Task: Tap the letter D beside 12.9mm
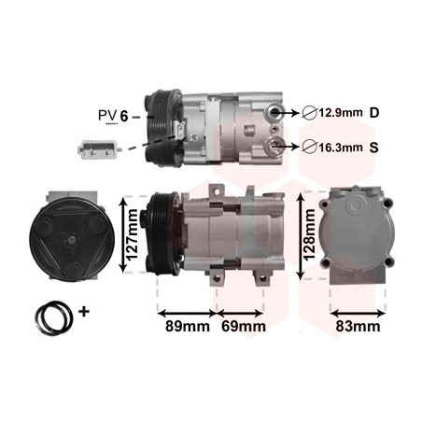click(x=374, y=114)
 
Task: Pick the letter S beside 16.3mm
click(x=374, y=146)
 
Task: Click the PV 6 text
click(x=115, y=116)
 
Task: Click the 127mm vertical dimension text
click(x=134, y=232)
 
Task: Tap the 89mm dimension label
click(x=186, y=326)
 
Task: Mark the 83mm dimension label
click(x=357, y=326)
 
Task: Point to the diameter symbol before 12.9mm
click(x=308, y=114)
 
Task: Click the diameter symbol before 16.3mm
click(x=308, y=146)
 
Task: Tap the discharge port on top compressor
click(x=275, y=113)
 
